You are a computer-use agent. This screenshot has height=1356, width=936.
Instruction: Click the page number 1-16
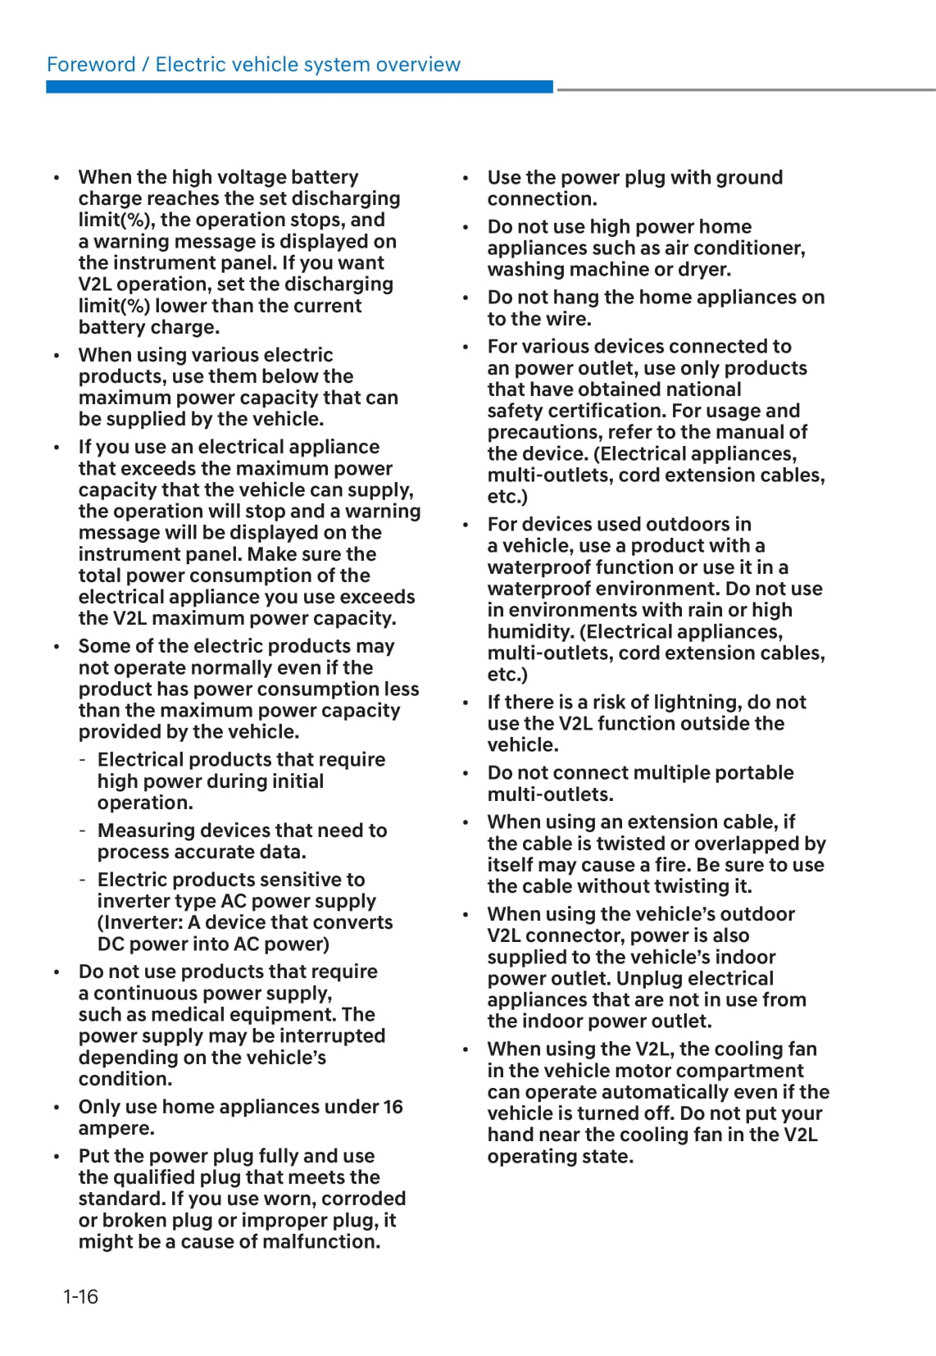point(80,1296)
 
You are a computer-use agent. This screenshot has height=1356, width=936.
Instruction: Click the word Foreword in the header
point(91,64)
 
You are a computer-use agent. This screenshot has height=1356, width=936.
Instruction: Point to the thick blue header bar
point(299,87)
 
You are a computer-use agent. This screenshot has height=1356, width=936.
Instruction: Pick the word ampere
point(115,1128)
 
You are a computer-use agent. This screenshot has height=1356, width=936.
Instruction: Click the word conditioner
point(750,248)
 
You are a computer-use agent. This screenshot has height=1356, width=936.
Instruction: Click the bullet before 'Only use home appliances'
point(57,1108)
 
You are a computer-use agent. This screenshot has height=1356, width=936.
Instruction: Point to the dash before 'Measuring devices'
point(83,830)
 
